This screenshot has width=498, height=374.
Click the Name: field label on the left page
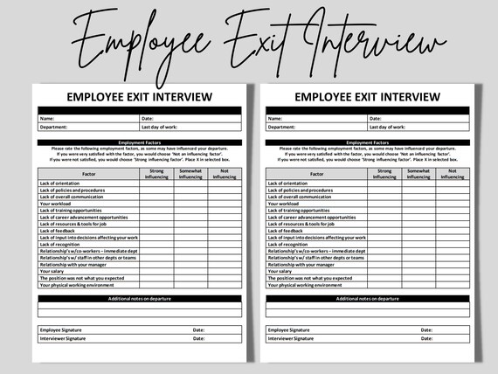47,118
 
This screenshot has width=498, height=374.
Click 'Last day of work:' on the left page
161,127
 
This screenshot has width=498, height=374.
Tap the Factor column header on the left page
87,174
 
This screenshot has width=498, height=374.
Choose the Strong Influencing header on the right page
384,174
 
